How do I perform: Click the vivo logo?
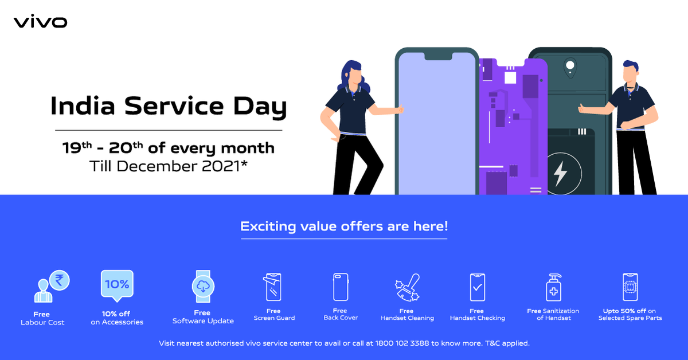40,22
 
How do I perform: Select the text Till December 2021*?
168,167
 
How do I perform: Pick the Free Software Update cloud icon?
203,285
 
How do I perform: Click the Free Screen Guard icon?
273,286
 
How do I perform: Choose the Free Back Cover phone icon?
341,286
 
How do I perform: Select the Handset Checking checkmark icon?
477,287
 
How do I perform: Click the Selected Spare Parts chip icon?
630,287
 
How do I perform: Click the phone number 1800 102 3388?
402,343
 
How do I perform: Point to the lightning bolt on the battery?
560,173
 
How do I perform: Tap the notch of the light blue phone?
436,56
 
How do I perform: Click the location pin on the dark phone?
569,67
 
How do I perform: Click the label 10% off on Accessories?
117,318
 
